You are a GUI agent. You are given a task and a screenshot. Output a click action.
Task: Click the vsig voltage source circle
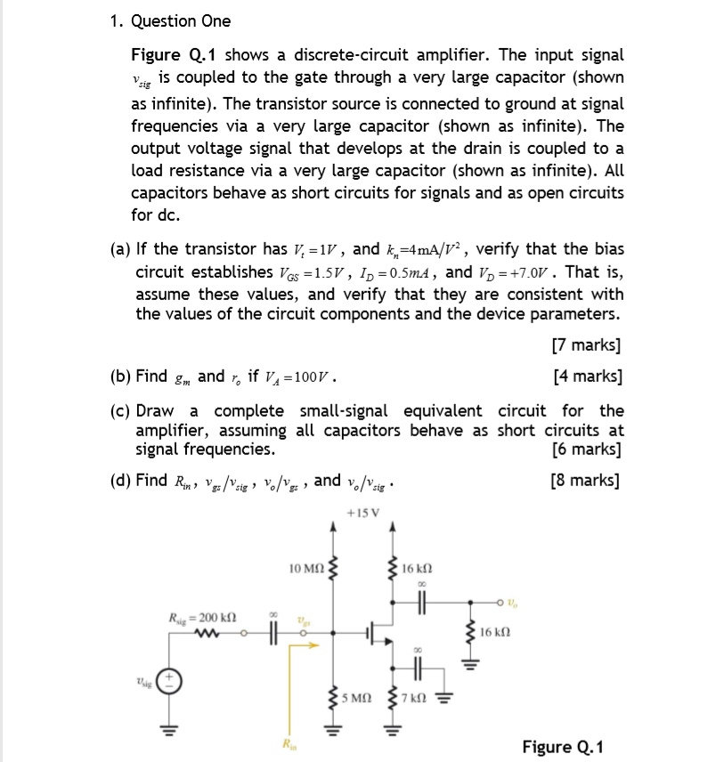tap(170, 683)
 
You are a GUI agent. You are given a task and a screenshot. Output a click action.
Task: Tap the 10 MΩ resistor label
tap(308, 568)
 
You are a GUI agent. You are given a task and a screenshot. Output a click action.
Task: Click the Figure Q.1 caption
tap(562, 745)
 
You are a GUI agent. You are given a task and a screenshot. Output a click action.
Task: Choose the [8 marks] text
tap(585, 481)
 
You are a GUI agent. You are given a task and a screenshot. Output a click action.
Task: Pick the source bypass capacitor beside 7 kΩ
tap(415, 663)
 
